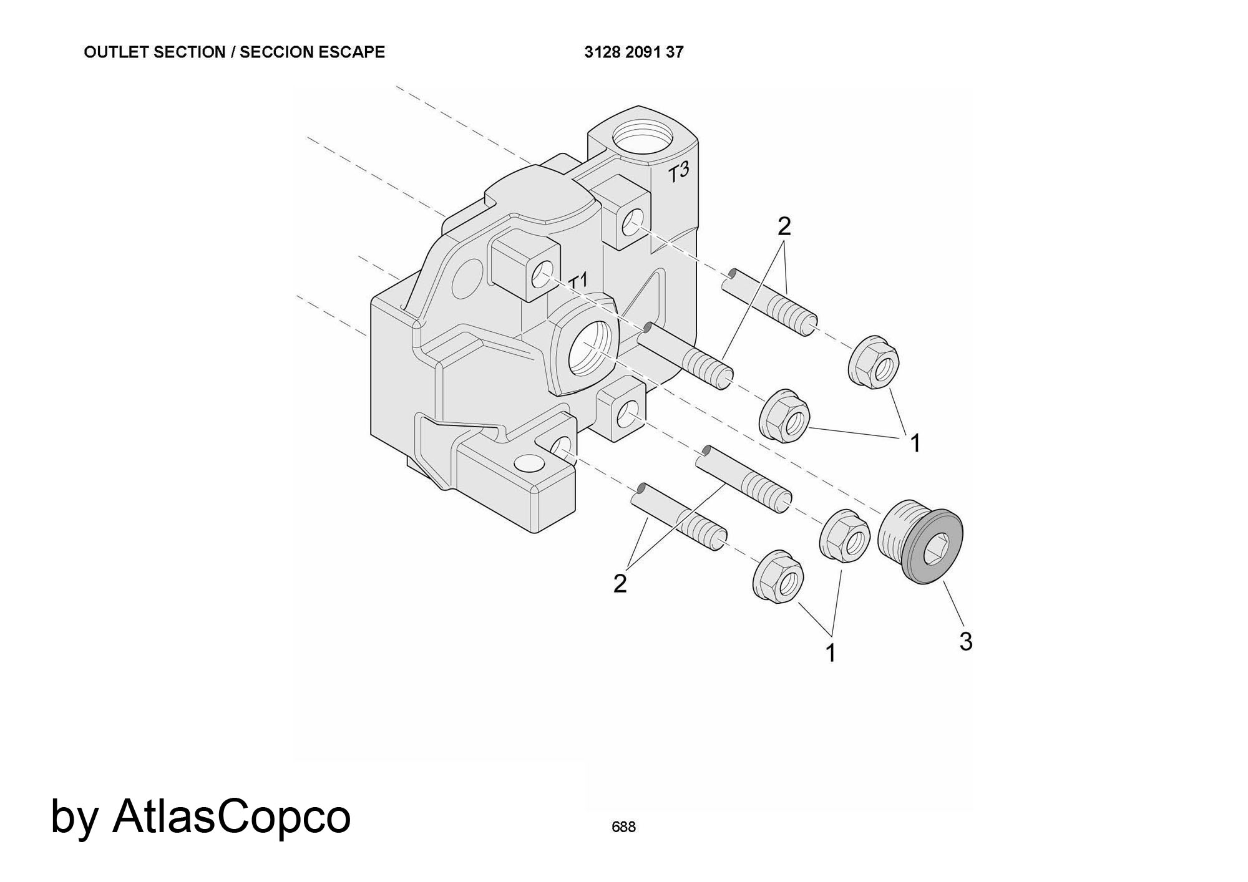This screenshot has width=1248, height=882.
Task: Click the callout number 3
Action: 965,641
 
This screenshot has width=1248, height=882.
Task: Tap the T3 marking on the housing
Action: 679,172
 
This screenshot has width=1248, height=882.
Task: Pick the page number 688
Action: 623,827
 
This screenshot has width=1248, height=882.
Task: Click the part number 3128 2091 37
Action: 633,52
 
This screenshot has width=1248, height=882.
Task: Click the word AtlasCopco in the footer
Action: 231,817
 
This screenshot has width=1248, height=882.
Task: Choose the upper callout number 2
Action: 784,226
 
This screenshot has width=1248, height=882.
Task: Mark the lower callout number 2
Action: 620,584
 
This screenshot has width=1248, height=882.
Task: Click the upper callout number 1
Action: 915,443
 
